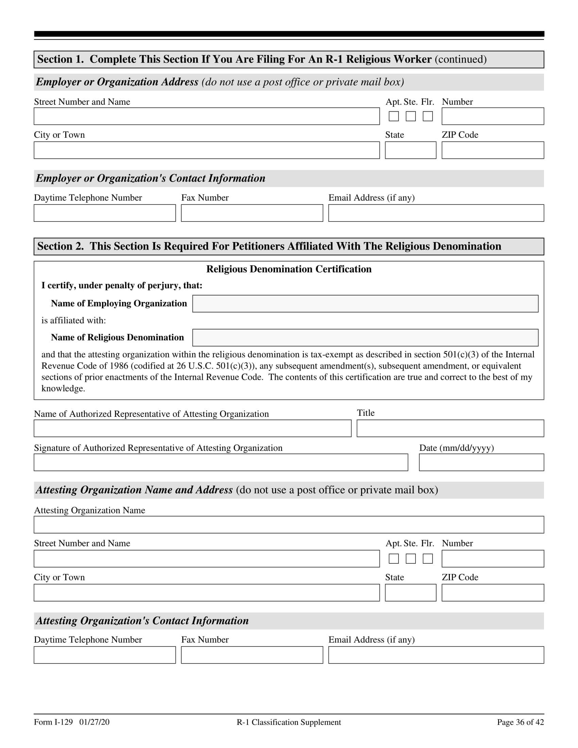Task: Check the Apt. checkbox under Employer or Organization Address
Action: [x=394, y=116]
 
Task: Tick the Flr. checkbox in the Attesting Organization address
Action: [x=428, y=559]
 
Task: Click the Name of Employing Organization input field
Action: [x=365, y=304]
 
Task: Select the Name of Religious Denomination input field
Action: [x=365, y=338]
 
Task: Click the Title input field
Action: [x=450, y=428]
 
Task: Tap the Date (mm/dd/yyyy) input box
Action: [x=481, y=462]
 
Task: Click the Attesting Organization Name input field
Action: [x=289, y=525]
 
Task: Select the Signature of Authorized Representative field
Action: [x=221, y=462]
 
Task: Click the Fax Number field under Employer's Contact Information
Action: [x=252, y=213]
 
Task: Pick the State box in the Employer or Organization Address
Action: [x=411, y=150]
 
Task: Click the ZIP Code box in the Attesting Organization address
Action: [x=492, y=593]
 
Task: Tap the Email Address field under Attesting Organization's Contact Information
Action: [x=436, y=655]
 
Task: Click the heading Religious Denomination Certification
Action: [x=289, y=269]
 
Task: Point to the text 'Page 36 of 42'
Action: [x=520, y=722]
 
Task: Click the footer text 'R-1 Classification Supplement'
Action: [x=289, y=722]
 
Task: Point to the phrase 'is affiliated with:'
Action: [x=74, y=321]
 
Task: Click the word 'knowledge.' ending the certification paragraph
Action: [x=63, y=389]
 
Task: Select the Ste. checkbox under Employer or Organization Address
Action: [x=411, y=116]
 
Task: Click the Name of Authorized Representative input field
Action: [x=192, y=428]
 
